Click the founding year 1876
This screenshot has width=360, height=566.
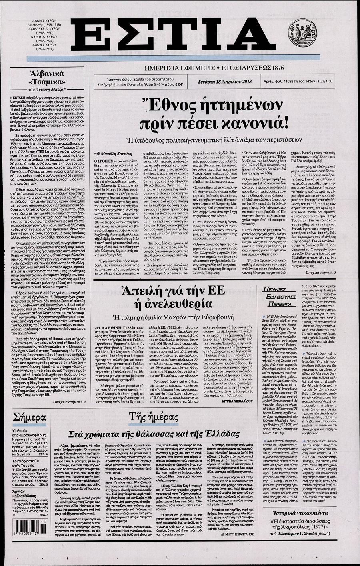click(x=275, y=68)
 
